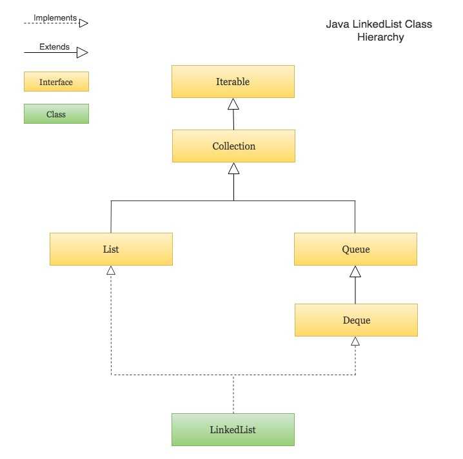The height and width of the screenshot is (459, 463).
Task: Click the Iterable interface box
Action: (x=233, y=82)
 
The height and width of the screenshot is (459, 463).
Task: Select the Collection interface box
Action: (x=233, y=146)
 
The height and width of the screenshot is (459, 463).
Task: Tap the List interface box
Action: (x=111, y=249)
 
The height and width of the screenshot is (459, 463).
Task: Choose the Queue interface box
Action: (x=355, y=249)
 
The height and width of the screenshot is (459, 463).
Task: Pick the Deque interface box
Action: (x=356, y=320)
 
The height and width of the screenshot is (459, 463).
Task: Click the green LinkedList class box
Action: (x=233, y=429)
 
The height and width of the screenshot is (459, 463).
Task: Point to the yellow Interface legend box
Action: (x=56, y=82)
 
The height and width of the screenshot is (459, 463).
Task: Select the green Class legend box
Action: (x=56, y=114)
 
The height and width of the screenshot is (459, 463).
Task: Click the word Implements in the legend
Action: (x=55, y=18)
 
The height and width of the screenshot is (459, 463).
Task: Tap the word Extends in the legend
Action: (x=54, y=46)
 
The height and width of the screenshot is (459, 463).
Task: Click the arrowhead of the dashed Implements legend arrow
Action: (x=83, y=23)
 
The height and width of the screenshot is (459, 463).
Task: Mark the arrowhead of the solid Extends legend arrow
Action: (x=83, y=52)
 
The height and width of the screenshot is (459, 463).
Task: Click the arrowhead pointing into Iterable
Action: (x=233, y=104)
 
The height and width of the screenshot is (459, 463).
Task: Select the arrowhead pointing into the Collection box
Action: (x=233, y=168)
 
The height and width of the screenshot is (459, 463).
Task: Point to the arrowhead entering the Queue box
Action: (x=355, y=271)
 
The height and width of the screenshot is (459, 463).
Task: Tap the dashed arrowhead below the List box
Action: (x=111, y=270)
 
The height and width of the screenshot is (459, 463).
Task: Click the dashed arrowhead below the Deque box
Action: (x=355, y=341)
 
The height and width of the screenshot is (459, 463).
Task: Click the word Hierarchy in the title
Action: (x=380, y=37)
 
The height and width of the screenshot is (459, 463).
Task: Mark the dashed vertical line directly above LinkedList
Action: (x=233, y=395)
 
